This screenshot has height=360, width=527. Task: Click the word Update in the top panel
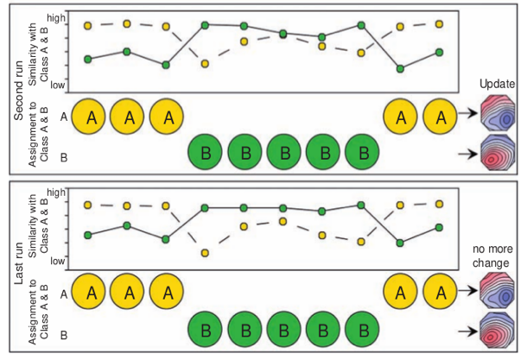point(497,84)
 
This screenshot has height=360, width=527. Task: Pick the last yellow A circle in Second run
point(442,117)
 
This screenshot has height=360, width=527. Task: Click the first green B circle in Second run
point(207,152)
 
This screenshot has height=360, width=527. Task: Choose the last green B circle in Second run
point(362,152)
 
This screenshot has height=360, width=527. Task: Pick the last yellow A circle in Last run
point(442,293)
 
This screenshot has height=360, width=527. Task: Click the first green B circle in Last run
point(207,329)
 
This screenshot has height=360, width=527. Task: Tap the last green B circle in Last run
point(362,329)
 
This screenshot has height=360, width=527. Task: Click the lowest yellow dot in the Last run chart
point(206,253)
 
